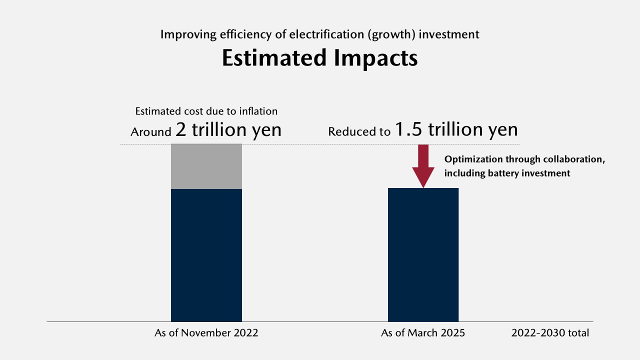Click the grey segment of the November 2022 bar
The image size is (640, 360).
pyautogui.click(x=206, y=166)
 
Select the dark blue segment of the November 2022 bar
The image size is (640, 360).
pyautogui.click(x=206, y=255)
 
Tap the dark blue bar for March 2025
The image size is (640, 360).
pyautogui.click(x=423, y=255)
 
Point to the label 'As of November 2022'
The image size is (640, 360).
pyautogui.click(x=206, y=333)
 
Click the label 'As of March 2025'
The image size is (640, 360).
pyautogui.click(x=423, y=333)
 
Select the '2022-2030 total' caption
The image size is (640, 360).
pyautogui.click(x=550, y=333)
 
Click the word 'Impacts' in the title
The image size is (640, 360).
pyautogui.click(x=376, y=58)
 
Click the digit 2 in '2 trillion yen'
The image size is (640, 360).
pyautogui.click(x=180, y=130)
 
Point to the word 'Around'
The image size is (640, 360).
pyautogui.click(x=151, y=132)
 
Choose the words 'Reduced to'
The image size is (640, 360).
pyautogui.click(x=359, y=132)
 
